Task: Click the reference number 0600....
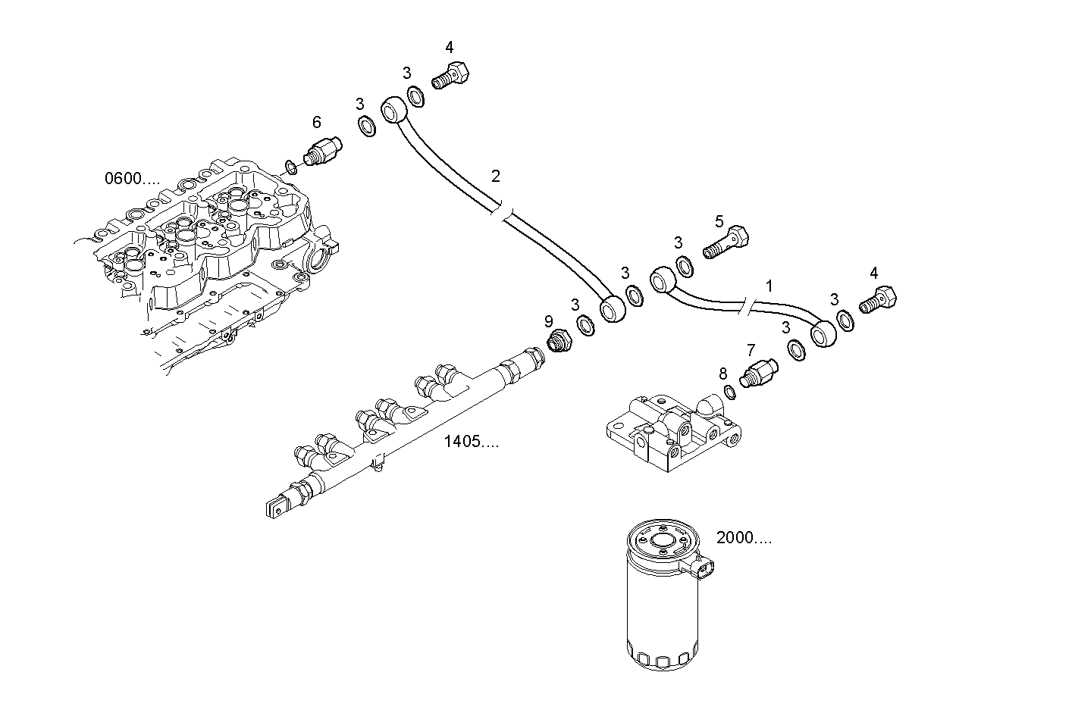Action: coord(132,179)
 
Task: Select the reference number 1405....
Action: coord(471,442)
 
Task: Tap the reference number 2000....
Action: coord(744,539)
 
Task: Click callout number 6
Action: coord(316,122)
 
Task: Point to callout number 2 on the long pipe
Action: coord(495,177)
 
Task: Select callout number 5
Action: coord(719,221)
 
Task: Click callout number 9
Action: coord(549,321)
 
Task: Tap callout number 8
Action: coord(722,374)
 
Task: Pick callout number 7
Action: coord(751,350)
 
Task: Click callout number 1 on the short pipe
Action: coord(769,286)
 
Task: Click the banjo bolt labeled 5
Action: coord(726,242)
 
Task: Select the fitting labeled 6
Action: coord(323,149)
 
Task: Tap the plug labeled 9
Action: coord(559,342)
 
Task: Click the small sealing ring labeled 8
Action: coord(729,392)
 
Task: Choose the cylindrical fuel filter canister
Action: coord(661,599)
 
